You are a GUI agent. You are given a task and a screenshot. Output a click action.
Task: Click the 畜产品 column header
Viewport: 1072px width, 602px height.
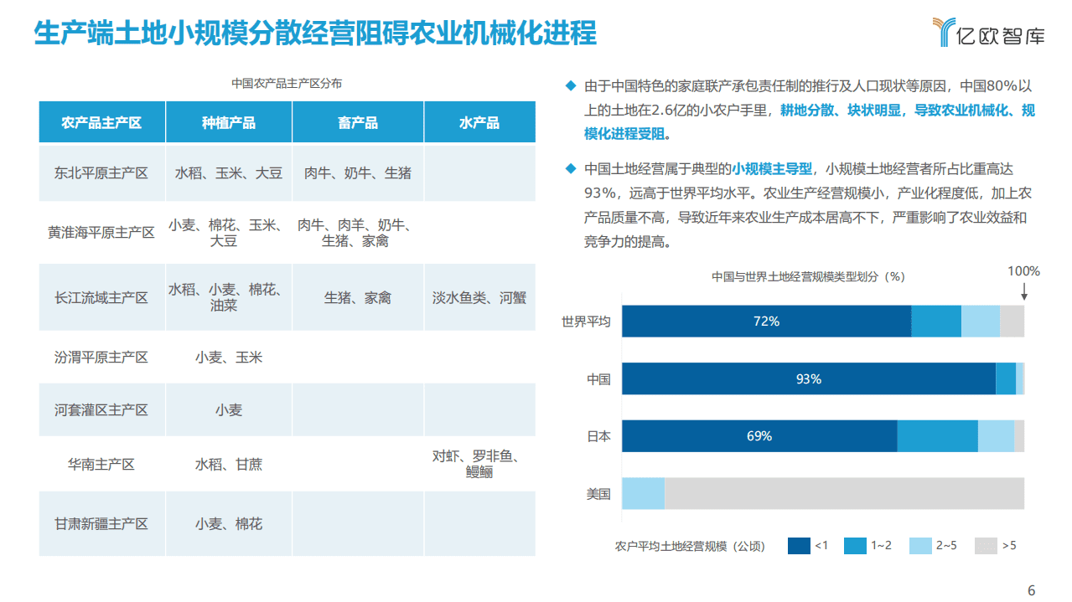[358, 122]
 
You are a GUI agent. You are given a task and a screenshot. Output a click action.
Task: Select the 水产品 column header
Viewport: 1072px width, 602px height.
[479, 122]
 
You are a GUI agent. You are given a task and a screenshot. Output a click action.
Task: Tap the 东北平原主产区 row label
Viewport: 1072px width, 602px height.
[101, 173]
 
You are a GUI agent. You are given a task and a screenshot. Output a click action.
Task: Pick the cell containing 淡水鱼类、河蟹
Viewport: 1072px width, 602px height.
[479, 297]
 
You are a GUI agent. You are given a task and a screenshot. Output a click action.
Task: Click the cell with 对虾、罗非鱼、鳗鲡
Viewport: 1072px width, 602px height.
[479, 464]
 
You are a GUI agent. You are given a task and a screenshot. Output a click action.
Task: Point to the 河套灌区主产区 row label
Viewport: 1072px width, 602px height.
[101, 410]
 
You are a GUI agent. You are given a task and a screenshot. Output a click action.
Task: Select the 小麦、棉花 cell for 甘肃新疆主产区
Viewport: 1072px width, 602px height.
[229, 523]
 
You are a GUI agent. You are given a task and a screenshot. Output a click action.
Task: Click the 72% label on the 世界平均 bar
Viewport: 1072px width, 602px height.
[766, 322]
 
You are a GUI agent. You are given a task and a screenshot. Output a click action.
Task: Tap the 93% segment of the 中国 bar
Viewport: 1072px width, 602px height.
[808, 379]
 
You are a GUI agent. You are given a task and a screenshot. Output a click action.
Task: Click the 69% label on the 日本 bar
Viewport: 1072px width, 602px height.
[759, 436]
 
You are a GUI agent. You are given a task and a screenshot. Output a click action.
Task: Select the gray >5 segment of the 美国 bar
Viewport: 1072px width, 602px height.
[844, 493]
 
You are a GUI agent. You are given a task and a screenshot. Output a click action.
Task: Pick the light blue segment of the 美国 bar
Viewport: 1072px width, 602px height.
[643, 493]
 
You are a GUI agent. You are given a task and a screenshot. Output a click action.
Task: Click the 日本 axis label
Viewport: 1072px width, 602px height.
[598, 436]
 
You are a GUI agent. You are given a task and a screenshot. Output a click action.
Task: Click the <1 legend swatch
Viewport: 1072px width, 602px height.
[799, 546]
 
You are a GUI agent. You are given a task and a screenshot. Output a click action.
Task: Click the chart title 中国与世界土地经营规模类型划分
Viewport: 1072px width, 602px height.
[807, 276]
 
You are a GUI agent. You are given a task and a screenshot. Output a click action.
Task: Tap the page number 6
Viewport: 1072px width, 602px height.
[1032, 590]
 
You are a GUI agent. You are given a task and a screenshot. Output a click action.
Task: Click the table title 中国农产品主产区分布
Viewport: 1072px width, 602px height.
[287, 84]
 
